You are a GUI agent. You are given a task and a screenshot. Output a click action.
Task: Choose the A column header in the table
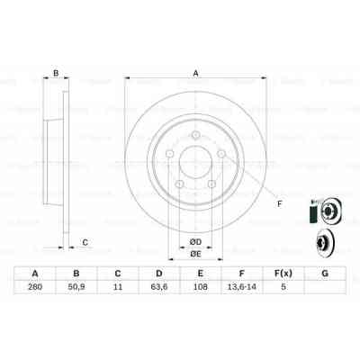click(35, 273)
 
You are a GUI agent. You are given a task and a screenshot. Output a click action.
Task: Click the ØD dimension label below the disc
click(193, 239)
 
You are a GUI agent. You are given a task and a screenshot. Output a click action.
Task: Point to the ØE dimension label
click(193, 254)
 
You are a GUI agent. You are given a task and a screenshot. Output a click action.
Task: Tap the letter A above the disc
click(195, 76)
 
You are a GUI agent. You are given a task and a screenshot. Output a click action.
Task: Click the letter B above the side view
click(55, 74)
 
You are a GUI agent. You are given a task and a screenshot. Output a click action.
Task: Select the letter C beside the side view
click(85, 241)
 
